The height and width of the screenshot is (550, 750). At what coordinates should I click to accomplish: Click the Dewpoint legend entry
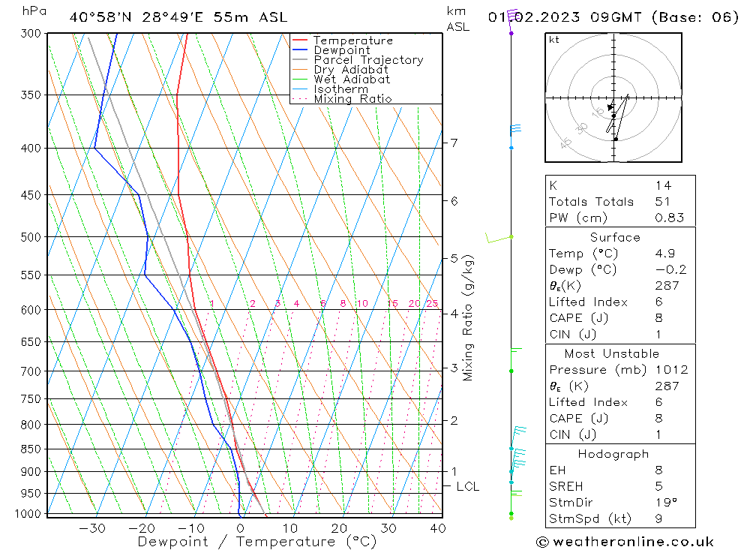341,50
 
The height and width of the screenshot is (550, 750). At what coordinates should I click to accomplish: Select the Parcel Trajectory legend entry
368,60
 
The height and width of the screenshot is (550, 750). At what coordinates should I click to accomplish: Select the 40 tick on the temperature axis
437,528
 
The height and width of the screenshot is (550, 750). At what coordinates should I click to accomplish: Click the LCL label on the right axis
468,486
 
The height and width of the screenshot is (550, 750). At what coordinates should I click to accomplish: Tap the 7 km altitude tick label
454,143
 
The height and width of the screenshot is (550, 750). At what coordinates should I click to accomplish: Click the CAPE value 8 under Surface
658,318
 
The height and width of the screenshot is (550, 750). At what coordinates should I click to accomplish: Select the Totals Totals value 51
662,202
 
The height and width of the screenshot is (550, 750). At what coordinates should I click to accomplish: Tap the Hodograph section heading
613,454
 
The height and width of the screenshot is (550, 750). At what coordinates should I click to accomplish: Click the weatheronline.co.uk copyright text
625,542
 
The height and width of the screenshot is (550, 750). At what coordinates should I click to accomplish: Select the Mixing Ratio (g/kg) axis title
469,317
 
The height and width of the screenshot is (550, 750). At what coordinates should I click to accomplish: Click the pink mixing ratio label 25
432,304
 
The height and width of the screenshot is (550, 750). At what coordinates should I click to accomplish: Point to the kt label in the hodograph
554,40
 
